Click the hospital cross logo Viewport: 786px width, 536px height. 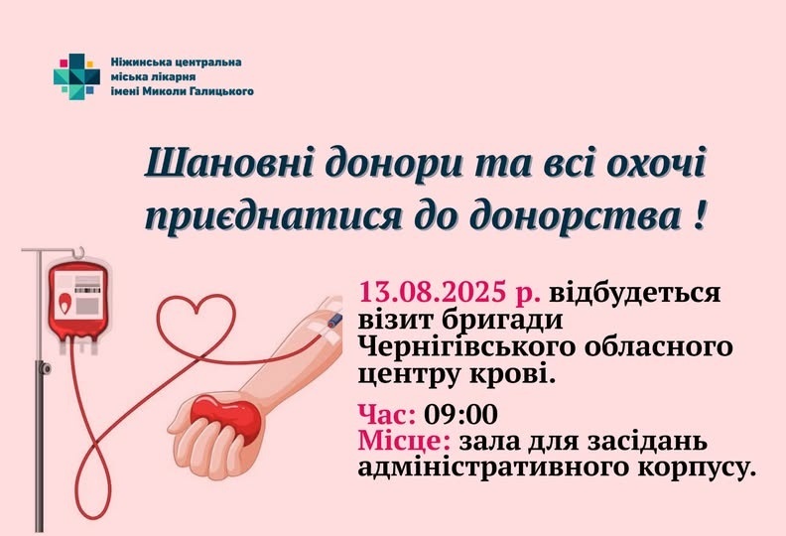click(76, 76)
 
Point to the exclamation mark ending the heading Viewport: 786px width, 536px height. click(700, 215)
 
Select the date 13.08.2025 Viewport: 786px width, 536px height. click(433, 291)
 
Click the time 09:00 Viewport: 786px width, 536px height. click(460, 415)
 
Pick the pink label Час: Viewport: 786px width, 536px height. click(387, 415)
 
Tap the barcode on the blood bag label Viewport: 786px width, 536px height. click(87, 288)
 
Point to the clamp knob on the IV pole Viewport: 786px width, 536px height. click(46, 369)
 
